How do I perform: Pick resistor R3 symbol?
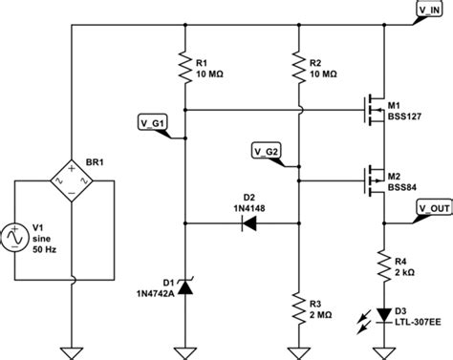tap(298, 305)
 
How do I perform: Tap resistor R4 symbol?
tap(383, 264)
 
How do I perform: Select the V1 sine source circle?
tap(20, 236)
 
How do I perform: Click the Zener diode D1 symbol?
tap(183, 283)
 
